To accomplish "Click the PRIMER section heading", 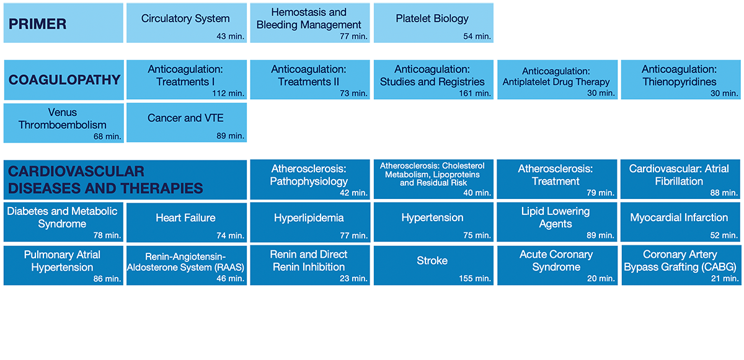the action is point(38,24).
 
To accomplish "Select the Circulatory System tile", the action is point(187,23).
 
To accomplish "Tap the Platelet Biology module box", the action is point(433,23).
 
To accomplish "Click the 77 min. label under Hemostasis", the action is point(353,36).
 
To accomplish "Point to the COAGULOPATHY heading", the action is point(64,80).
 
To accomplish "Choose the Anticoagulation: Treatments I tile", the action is point(187,80).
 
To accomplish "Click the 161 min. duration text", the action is point(475,93).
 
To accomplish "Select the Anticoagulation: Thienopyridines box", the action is point(681,80).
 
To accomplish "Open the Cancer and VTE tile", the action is point(187,123).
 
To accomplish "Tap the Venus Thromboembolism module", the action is point(64,123).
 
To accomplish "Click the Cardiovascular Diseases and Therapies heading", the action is point(105,180).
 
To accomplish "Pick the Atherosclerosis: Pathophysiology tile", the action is point(310,180).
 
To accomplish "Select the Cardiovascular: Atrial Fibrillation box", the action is point(681,180).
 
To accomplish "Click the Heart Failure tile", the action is point(187,222).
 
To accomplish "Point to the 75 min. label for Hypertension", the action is point(477,235).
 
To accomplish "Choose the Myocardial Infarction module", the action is point(681,222).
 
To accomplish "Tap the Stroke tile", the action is point(433,265).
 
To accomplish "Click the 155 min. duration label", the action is point(475,278).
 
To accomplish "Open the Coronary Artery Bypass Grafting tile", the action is point(681,265).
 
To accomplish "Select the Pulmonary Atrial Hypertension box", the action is point(63,265).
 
